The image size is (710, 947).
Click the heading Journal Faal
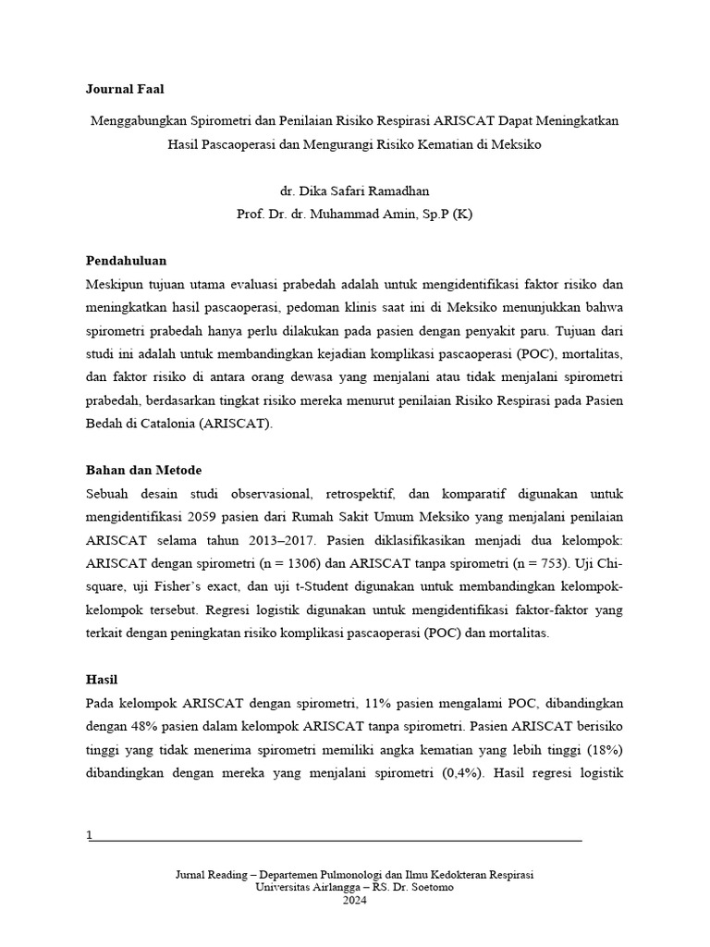tap(125, 89)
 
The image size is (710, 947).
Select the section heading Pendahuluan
tap(126, 261)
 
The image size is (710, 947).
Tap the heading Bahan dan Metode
tap(143, 470)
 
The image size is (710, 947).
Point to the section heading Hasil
tap(102, 679)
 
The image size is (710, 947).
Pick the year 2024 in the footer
tap(354, 900)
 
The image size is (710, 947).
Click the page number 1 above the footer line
tap(89, 835)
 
